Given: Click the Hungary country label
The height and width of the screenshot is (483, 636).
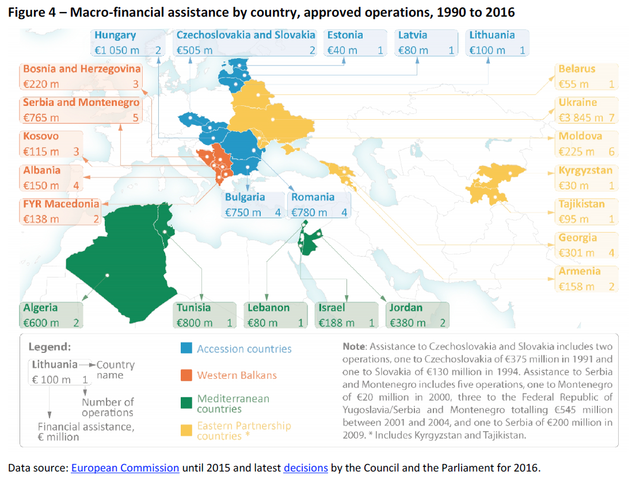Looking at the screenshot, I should [115, 35].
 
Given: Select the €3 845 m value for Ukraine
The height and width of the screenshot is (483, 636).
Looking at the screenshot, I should [581, 118].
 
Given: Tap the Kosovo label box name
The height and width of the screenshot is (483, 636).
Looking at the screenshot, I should [41, 136].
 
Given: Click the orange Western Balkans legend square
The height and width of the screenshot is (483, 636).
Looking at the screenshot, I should [186, 375].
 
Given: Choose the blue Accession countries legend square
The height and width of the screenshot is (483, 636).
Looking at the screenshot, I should [186, 348].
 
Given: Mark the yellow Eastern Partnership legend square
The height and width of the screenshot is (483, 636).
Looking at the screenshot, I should [186, 430].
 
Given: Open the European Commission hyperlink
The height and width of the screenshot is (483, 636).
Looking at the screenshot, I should [125, 467].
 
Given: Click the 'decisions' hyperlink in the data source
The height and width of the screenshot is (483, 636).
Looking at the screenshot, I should [306, 467].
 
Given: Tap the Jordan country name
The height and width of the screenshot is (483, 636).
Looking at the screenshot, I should [406, 308].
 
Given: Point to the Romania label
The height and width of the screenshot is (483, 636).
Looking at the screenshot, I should [313, 197].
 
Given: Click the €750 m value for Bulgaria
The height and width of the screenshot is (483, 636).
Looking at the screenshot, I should [243, 212].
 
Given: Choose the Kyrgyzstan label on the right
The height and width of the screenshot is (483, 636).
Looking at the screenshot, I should [585, 170].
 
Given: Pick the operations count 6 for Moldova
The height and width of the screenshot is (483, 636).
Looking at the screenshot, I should [611, 152].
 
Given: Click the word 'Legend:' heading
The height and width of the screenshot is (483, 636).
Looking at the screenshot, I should [49, 347].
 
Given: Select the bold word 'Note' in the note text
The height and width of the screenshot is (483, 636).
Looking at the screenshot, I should [353, 347].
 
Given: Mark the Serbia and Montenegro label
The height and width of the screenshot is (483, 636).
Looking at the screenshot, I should [81, 102].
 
